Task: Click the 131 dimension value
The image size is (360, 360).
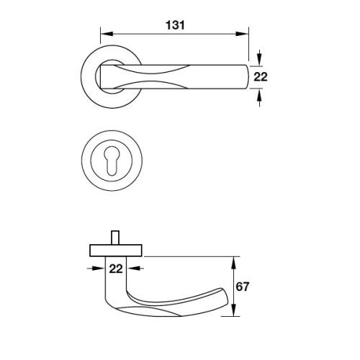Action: (x=175, y=25)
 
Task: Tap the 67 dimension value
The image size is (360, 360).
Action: (x=243, y=287)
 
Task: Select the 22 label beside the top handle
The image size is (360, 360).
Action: (x=261, y=77)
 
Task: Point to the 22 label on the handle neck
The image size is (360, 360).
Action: (x=116, y=269)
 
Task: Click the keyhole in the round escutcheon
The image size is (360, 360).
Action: (x=112, y=161)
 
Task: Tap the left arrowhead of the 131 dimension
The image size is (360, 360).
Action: (x=107, y=34)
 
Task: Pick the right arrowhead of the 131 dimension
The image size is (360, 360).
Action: (x=242, y=34)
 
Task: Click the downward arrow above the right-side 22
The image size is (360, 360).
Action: (x=259, y=58)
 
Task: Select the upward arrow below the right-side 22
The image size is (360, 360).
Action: (x=259, y=97)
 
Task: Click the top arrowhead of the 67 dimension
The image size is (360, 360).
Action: (x=234, y=263)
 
